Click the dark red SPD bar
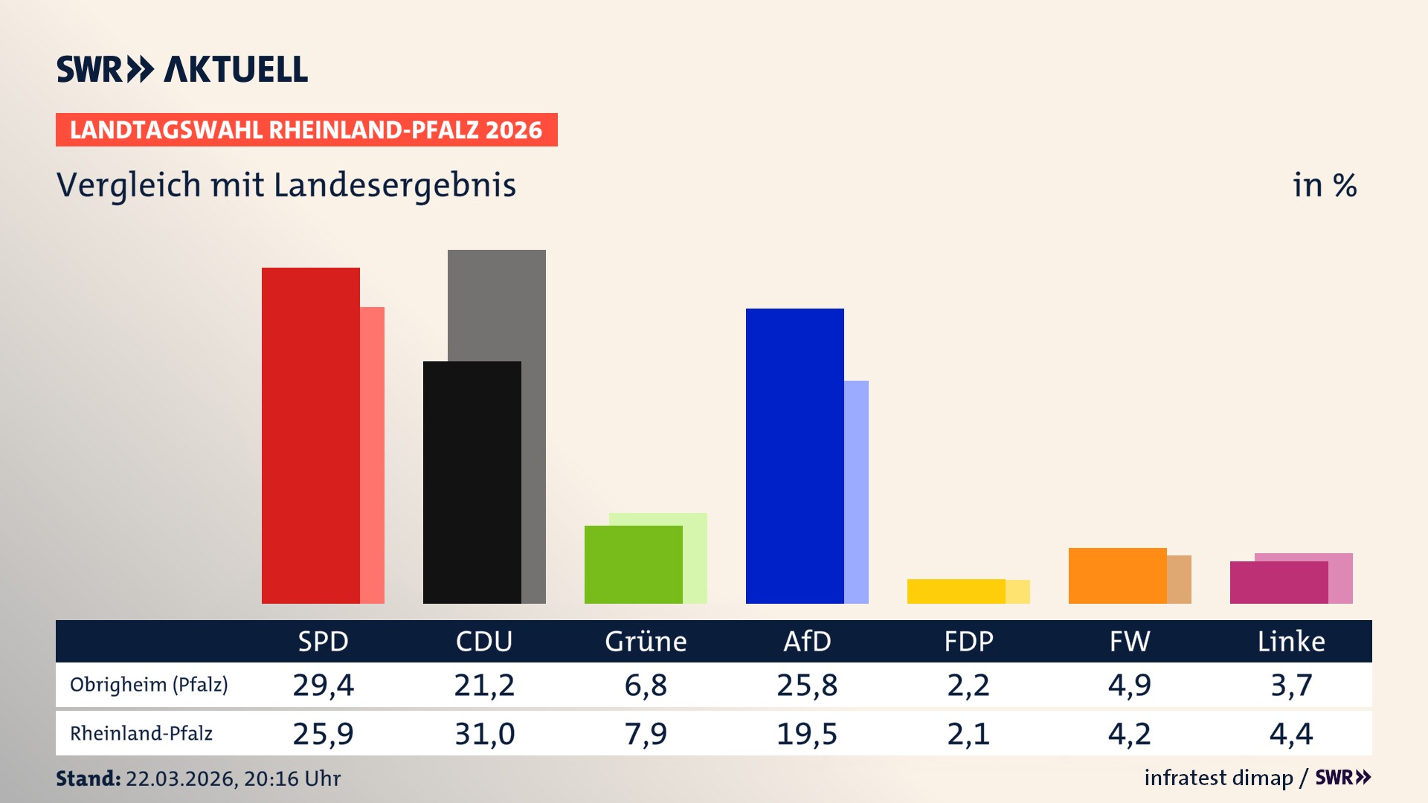click(311, 435)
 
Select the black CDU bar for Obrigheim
click(472, 482)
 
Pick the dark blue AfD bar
click(794, 455)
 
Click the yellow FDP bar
click(956, 591)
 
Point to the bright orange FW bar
click(1117, 575)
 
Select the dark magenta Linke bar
click(1279, 582)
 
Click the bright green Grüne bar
click(633, 564)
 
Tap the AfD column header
click(807, 641)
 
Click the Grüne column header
click(646, 641)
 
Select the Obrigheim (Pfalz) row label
click(149, 684)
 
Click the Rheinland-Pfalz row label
click(141, 733)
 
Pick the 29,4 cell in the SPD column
click(323, 685)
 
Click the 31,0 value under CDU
click(484, 734)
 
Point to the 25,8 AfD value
click(807, 685)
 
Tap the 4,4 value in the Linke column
click(1291, 734)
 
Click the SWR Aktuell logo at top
click(182, 69)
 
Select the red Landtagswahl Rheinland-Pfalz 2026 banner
click(306, 129)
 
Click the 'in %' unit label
click(1324, 185)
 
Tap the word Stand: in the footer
click(88, 778)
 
